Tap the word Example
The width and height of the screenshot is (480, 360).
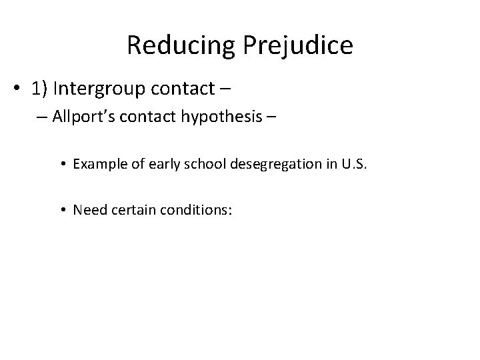pos(97,165)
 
